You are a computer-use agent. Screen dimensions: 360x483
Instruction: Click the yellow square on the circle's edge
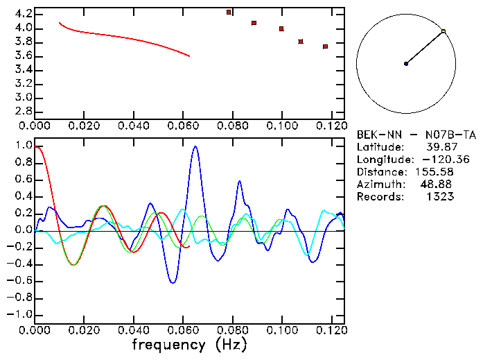(444, 31)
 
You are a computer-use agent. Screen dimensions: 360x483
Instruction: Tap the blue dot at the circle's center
(406, 64)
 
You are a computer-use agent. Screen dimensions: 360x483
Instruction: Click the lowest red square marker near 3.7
(325, 46)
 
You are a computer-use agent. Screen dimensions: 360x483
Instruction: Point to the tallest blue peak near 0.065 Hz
(195, 146)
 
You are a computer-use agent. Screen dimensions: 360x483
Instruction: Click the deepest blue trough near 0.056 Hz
(173, 282)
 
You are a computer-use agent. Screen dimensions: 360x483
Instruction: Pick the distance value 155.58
(434, 172)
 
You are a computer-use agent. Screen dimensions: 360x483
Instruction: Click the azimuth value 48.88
(437, 185)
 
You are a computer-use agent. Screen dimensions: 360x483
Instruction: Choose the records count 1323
(439, 197)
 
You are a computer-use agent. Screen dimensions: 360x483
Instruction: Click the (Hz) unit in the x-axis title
(231, 344)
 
